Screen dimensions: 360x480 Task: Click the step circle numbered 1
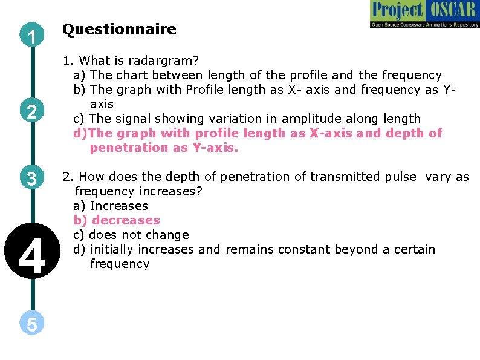click(x=31, y=37)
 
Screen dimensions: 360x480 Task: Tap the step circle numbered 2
click(x=31, y=111)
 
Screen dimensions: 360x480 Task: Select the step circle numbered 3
click(x=31, y=179)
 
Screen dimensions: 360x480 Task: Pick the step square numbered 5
click(x=31, y=324)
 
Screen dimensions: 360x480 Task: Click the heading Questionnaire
click(x=119, y=29)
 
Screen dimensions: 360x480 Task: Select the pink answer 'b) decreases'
click(x=117, y=220)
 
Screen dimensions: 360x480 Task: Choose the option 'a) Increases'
click(x=111, y=206)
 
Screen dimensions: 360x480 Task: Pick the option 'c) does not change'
click(x=131, y=235)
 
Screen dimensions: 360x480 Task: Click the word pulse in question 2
click(x=400, y=177)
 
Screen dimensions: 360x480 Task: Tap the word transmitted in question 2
click(x=344, y=177)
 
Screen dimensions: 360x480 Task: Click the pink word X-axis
click(x=331, y=133)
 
